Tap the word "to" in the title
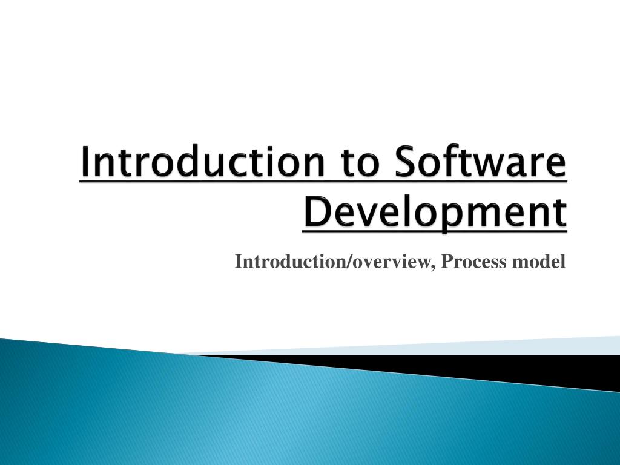pos(363,163)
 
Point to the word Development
pos(435,211)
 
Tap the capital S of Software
pos(409,162)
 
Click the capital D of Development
pos(315,211)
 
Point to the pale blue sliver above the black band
pos(484,346)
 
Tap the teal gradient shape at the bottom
pos(242,418)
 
